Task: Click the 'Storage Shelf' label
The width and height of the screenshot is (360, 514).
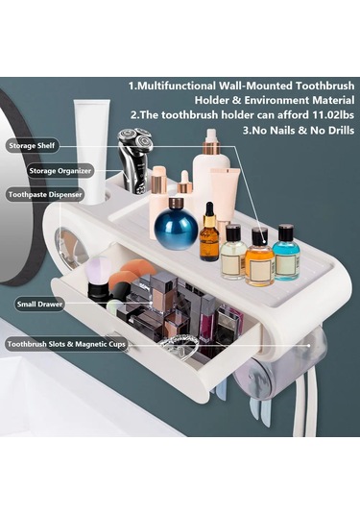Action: (x=32, y=145)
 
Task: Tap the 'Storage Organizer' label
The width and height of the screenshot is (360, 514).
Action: (x=60, y=171)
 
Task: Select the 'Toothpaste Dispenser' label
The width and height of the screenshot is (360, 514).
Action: (x=45, y=195)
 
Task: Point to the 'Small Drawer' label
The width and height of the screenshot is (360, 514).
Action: (x=39, y=305)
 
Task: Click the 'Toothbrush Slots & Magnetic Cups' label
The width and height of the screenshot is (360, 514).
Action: (x=66, y=345)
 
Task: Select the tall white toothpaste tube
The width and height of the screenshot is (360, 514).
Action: (x=91, y=152)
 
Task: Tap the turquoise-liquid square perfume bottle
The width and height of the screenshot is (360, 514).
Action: (x=286, y=252)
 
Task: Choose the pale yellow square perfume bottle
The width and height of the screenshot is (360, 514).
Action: (x=233, y=252)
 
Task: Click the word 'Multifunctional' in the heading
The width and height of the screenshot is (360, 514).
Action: (x=176, y=86)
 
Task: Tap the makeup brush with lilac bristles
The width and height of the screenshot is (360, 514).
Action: (x=98, y=278)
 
